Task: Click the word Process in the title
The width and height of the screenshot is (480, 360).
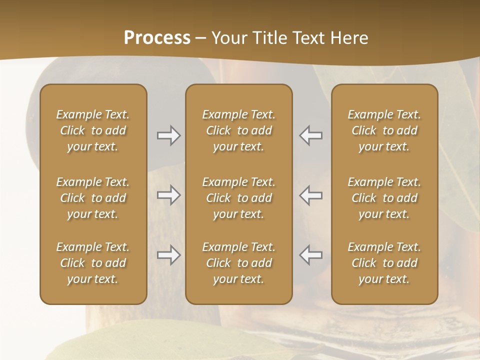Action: pyautogui.click(x=157, y=38)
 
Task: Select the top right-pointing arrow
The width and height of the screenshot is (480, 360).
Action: pyautogui.click(x=168, y=135)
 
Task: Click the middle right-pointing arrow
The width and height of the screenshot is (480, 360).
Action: pyautogui.click(x=168, y=195)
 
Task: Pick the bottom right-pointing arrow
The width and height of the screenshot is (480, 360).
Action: pyautogui.click(x=168, y=255)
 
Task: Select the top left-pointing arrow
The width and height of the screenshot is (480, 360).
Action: pyautogui.click(x=310, y=135)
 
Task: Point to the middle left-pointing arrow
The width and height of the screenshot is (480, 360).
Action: pyautogui.click(x=310, y=195)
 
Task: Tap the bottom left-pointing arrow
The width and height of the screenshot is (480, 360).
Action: pyautogui.click(x=310, y=255)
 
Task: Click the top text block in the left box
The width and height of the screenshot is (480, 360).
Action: pyautogui.click(x=93, y=130)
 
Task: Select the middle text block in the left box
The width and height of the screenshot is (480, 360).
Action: pyautogui.click(x=93, y=198)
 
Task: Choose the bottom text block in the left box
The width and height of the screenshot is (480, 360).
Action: pyautogui.click(x=93, y=263)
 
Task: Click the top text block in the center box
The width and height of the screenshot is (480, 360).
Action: pyautogui.click(x=238, y=130)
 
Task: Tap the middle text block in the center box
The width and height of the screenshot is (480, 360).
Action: pyautogui.click(x=238, y=198)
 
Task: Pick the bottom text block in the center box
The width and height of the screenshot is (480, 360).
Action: pyautogui.click(x=238, y=263)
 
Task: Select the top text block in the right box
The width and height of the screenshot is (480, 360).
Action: pyautogui.click(x=384, y=130)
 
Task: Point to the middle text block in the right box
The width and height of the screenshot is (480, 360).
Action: pyautogui.click(x=384, y=198)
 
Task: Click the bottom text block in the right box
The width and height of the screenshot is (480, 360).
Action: pyautogui.click(x=384, y=263)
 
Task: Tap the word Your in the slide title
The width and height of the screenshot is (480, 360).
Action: pyautogui.click(x=228, y=38)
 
